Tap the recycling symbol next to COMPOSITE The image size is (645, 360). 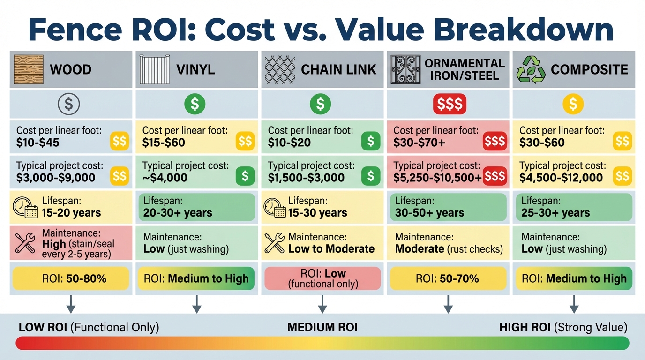click(531, 69)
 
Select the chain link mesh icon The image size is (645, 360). click(279, 69)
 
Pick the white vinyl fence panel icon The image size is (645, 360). click(154, 69)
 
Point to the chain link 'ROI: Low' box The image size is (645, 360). click(322, 278)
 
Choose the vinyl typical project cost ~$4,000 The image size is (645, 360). click(165, 178)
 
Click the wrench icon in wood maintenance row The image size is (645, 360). click(25, 242)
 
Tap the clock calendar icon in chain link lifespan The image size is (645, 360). click(275, 207)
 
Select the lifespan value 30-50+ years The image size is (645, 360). click(429, 213)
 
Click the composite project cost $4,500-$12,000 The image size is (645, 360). click(561, 178)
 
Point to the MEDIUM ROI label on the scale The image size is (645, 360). click(322, 327)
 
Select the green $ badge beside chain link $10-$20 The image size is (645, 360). click(371, 141)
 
